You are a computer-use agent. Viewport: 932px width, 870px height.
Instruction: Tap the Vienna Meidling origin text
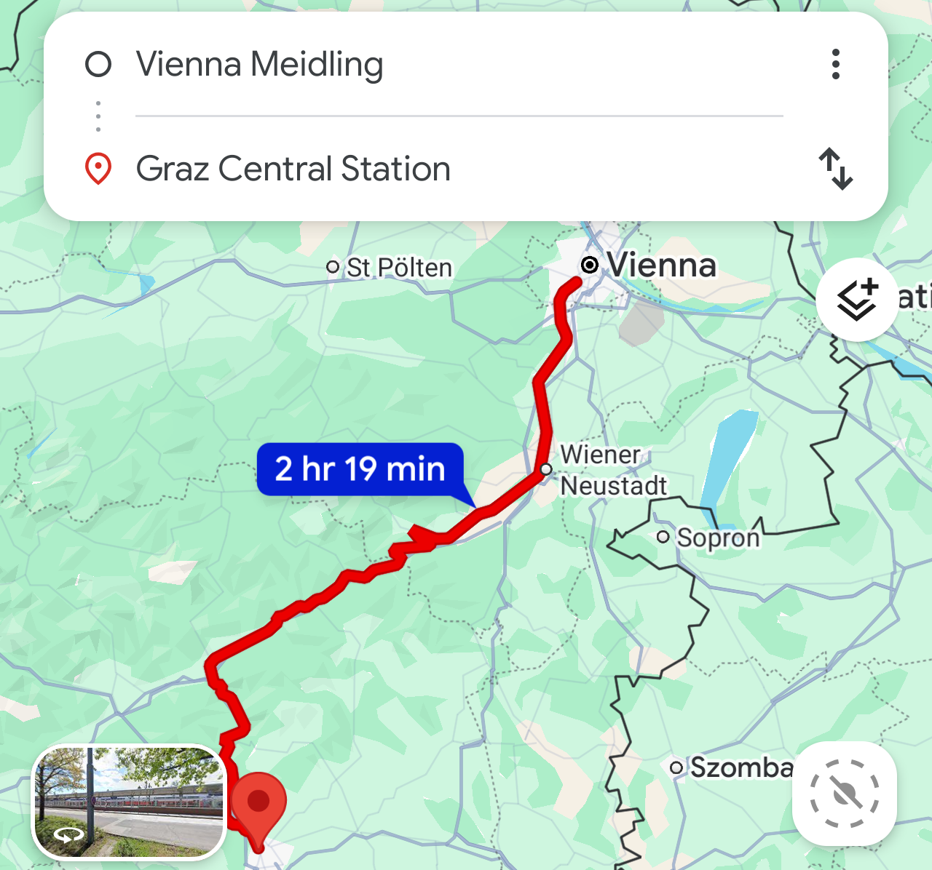(x=259, y=64)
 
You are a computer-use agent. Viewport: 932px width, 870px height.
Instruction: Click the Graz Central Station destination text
(x=293, y=169)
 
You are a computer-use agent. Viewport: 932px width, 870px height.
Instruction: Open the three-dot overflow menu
(x=835, y=64)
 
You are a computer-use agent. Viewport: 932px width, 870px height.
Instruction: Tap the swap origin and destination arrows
(x=835, y=169)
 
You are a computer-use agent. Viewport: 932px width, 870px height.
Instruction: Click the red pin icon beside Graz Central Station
(x=98, y=169)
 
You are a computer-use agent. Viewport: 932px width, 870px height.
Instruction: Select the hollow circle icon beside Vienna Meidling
(x=98, y=64)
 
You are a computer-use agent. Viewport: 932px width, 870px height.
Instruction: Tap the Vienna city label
(x=661, y=265)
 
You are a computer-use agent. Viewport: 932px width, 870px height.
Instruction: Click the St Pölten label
(x=398, y=268)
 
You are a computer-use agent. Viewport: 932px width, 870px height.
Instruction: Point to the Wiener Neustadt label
(x=612, y=470)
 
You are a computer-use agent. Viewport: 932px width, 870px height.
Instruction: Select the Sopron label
(x=718, y=538)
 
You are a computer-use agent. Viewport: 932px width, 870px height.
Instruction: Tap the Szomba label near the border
(x=741, y=767)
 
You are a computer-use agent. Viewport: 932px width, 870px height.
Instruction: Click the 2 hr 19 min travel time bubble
(x=360, y=469)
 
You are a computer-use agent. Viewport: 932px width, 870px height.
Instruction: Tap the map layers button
(x=856, y=300)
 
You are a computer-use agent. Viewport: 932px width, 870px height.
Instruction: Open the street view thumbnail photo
(x=129, y=802)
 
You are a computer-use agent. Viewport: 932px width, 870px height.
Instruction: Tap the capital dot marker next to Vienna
(x=590, y=265)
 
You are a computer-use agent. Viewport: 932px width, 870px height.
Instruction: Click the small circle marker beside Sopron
(x=663, y=537)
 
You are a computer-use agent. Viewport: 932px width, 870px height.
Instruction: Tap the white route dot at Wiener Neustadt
(x=546, y=469)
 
